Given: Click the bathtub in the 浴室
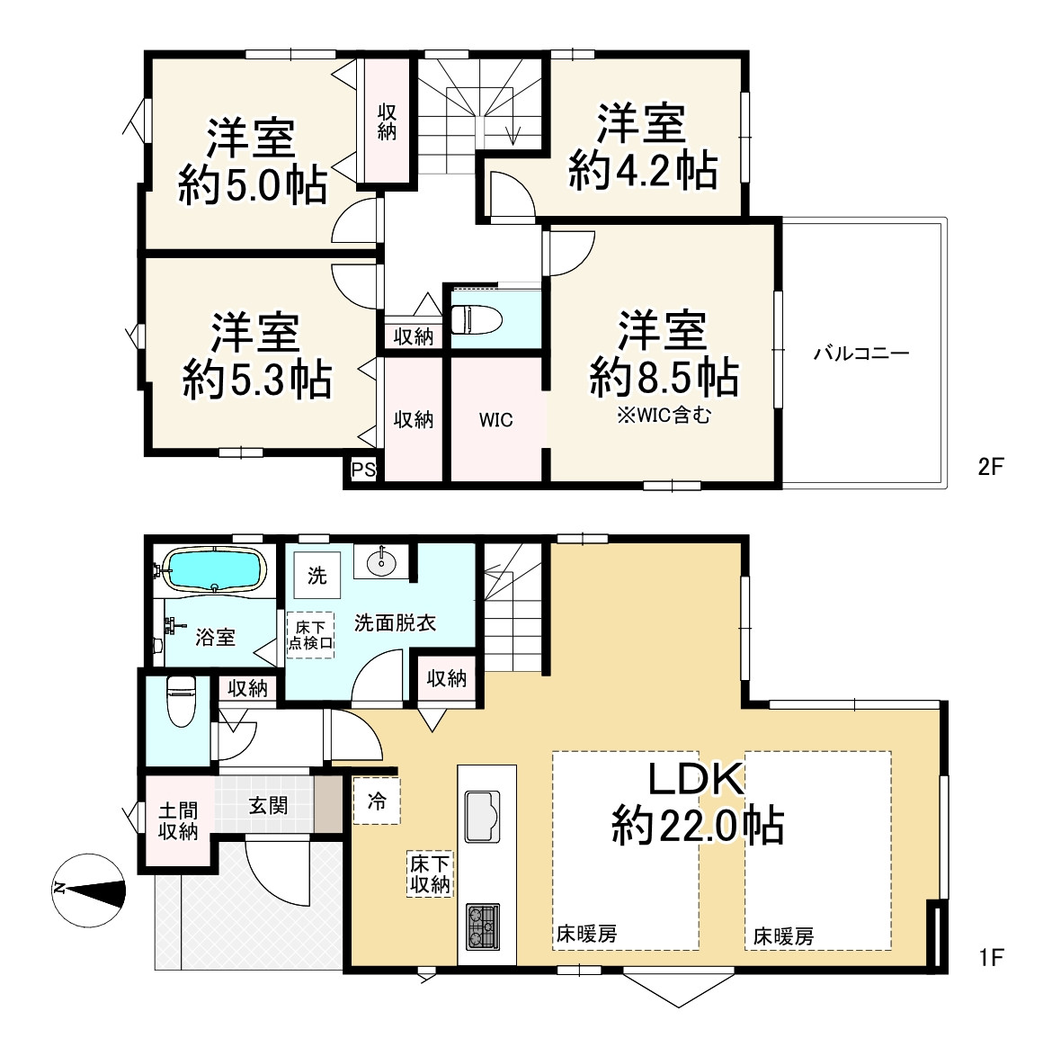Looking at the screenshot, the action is click(214, 569).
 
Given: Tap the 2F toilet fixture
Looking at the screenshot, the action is click(477, 319).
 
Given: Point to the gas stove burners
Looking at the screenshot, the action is click(483, 926).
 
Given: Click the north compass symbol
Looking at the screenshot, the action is click(89, 890).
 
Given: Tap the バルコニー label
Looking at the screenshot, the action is click(861, 353).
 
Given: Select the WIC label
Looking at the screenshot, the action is click(496, 420).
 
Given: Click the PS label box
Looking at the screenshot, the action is click(363, 469).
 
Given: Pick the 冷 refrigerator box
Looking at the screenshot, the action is click(377, 801).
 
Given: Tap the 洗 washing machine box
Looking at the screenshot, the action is click(317, 575).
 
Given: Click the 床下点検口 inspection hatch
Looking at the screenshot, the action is click(310, 635).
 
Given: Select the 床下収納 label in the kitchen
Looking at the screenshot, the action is click(430, 874).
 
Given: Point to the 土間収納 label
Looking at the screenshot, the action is click(178, 820).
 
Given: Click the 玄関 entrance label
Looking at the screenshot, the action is click(269, 805).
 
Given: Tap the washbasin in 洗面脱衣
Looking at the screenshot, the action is click(381, 560).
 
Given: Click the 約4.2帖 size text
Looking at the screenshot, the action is click(643, 170).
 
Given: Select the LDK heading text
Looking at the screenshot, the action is click(696, 780).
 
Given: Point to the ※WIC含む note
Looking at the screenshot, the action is click(664, 416).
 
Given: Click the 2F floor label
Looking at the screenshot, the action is click(991, 467).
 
